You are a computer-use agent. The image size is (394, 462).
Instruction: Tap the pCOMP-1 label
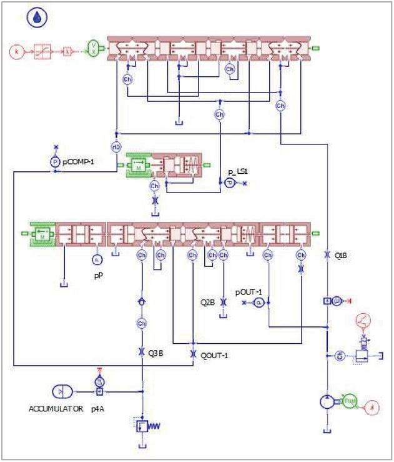(x=78, y=161)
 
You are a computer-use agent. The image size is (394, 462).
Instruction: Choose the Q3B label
(x=155, y=353)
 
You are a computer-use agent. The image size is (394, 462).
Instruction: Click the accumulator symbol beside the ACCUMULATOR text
(x=63, y=391)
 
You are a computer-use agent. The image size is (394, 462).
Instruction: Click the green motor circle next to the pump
(x=348, y=403)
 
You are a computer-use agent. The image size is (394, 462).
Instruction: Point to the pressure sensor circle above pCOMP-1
(x=54, y=161)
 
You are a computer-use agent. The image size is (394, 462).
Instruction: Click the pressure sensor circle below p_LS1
(x=229, y=183)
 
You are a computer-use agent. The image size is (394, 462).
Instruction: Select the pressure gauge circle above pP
(x=97, y=259)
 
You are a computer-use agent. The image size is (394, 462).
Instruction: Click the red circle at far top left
(x=17, y=48)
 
